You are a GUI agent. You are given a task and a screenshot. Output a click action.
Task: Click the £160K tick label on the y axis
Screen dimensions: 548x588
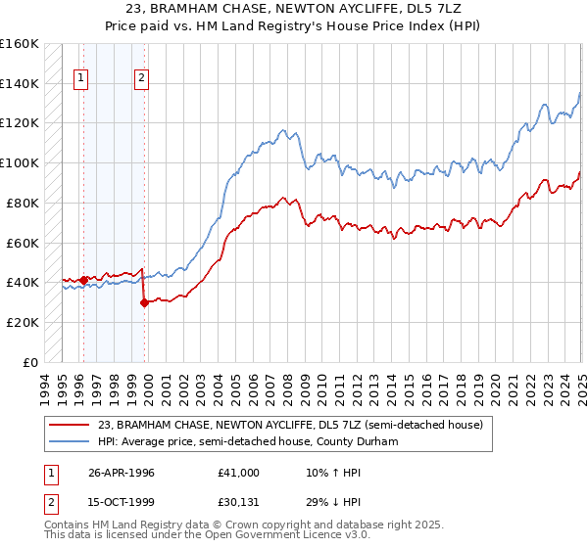pyautogui.click(x=20, y=44)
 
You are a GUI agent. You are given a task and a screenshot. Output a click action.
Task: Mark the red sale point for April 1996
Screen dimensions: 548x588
pyautogui.click(x=83, y=280)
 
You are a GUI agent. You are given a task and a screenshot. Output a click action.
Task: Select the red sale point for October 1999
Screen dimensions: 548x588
pyautogui.click(x=144, y=302)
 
